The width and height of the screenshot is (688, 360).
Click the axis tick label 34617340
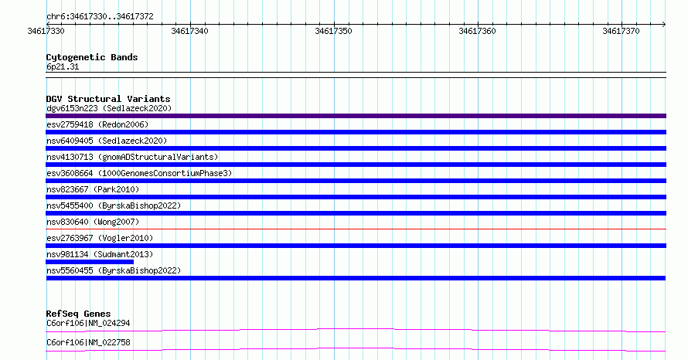click(x=189, y=31)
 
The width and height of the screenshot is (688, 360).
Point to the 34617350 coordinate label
click(x=333, y=31)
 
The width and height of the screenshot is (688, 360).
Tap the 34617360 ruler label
click(x=477, y=31)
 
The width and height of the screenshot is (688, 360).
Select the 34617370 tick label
click(x=621, y=31)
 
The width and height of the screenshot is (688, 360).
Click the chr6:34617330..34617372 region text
click(x=100, y=17)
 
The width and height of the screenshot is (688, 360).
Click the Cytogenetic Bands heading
click(x=92, y=57)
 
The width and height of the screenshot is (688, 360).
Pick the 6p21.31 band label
click(x=63, y=66)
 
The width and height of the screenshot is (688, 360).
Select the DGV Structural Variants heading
click(x=108, y=99)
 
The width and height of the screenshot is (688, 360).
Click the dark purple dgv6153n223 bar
click(x=356, y=116)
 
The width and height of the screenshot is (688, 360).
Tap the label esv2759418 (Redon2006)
click(x=97, y=124)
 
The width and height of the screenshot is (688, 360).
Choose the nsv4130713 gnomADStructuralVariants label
click(x=132, y=157)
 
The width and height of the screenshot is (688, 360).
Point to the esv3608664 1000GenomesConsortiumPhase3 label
click(x=139, y=173)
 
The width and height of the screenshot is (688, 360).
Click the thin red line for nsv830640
click(x=356, y=229)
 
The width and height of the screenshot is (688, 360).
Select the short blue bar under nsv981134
click(x=90, y=262)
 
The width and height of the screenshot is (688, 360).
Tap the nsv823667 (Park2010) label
click(x=93, y=189)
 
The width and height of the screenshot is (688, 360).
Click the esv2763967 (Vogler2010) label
click(x=100, y=238)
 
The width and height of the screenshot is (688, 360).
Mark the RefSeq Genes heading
click(x=78, y=314)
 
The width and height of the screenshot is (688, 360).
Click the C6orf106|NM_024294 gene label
click(x=88, y=323)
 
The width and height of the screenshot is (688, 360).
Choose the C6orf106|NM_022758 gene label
click(x=88, y=342)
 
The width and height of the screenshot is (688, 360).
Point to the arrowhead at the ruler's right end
click(x=664, y=24)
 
